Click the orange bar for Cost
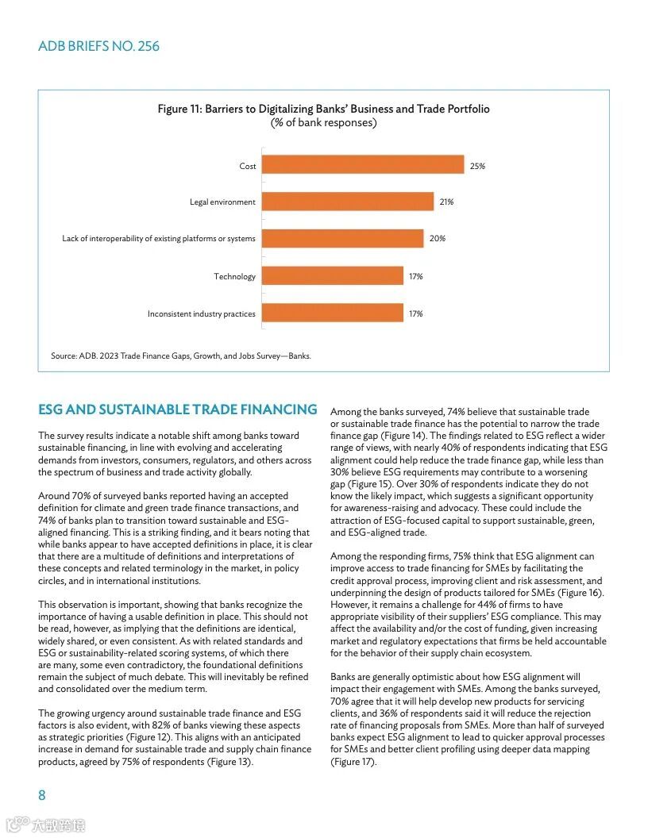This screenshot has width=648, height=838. click(362, 164)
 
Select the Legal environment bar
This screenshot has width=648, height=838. click(347, 202)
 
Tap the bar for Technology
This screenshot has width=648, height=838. click(332, 275)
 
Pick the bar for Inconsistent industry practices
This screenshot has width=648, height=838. click(332, 313)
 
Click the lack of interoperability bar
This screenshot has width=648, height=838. click(342, 238)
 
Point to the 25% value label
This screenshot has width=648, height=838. click(477, 166)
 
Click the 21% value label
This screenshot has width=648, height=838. click(446, 202)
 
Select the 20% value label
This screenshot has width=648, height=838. click(437, 238)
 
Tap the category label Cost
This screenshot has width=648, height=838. click(248, 166)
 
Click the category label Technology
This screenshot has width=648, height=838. click(234, 276)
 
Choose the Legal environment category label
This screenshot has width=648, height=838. click(222, 202)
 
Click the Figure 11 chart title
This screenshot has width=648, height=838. click(323, 109)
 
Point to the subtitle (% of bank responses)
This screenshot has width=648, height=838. click(323, 122)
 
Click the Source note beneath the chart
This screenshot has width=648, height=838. click(181, 356)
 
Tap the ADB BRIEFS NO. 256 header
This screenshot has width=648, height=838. click(98, 46)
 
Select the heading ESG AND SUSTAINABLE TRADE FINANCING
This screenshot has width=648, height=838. click(177, 409)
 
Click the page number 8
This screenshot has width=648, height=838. click(42, 795)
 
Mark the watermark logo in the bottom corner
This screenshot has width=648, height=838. click(45, 825)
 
